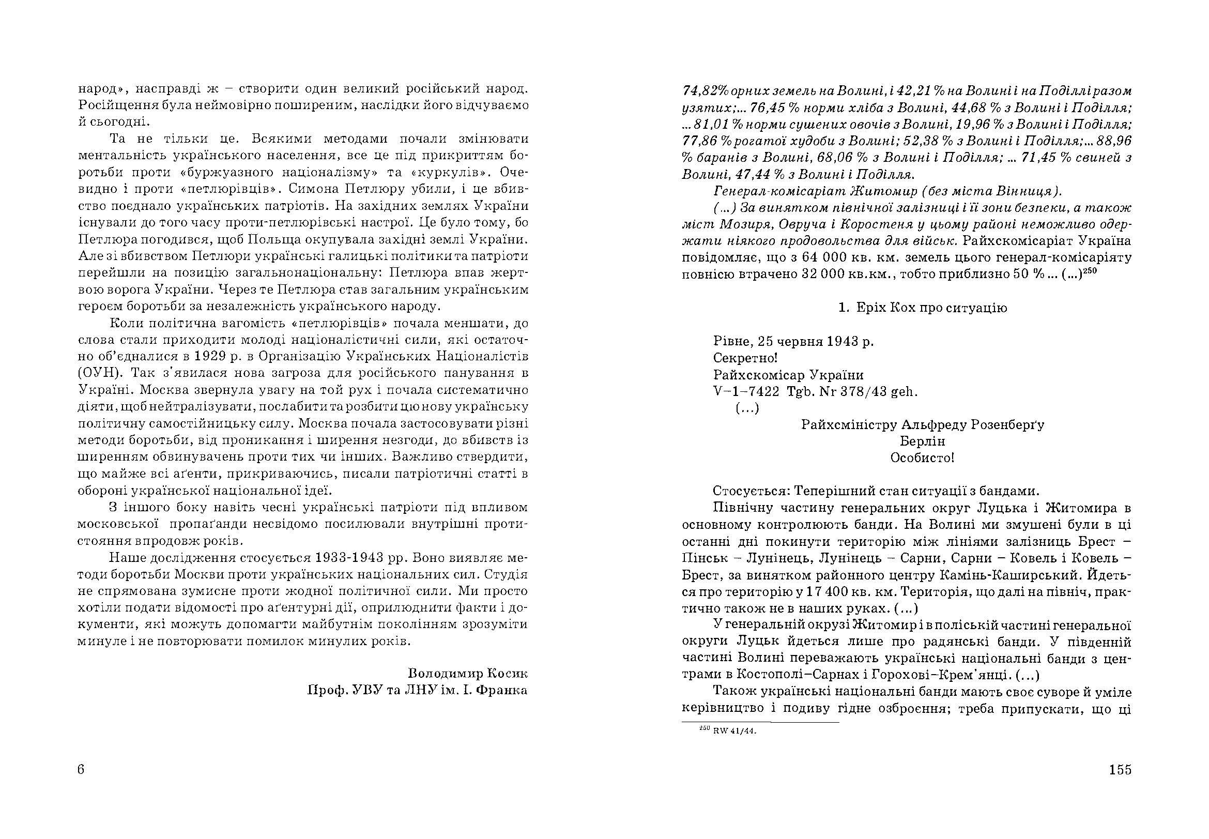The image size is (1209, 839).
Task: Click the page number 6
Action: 81,770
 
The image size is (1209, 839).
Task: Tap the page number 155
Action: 1120,770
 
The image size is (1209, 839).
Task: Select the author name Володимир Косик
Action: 468,674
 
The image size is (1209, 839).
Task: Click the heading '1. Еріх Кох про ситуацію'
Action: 923,308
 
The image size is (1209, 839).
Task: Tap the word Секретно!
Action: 745,358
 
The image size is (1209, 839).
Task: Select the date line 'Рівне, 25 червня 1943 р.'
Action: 793,341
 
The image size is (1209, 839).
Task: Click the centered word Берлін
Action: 923,441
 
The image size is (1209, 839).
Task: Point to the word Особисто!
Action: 923,458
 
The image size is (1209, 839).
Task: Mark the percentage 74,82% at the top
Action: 705,91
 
